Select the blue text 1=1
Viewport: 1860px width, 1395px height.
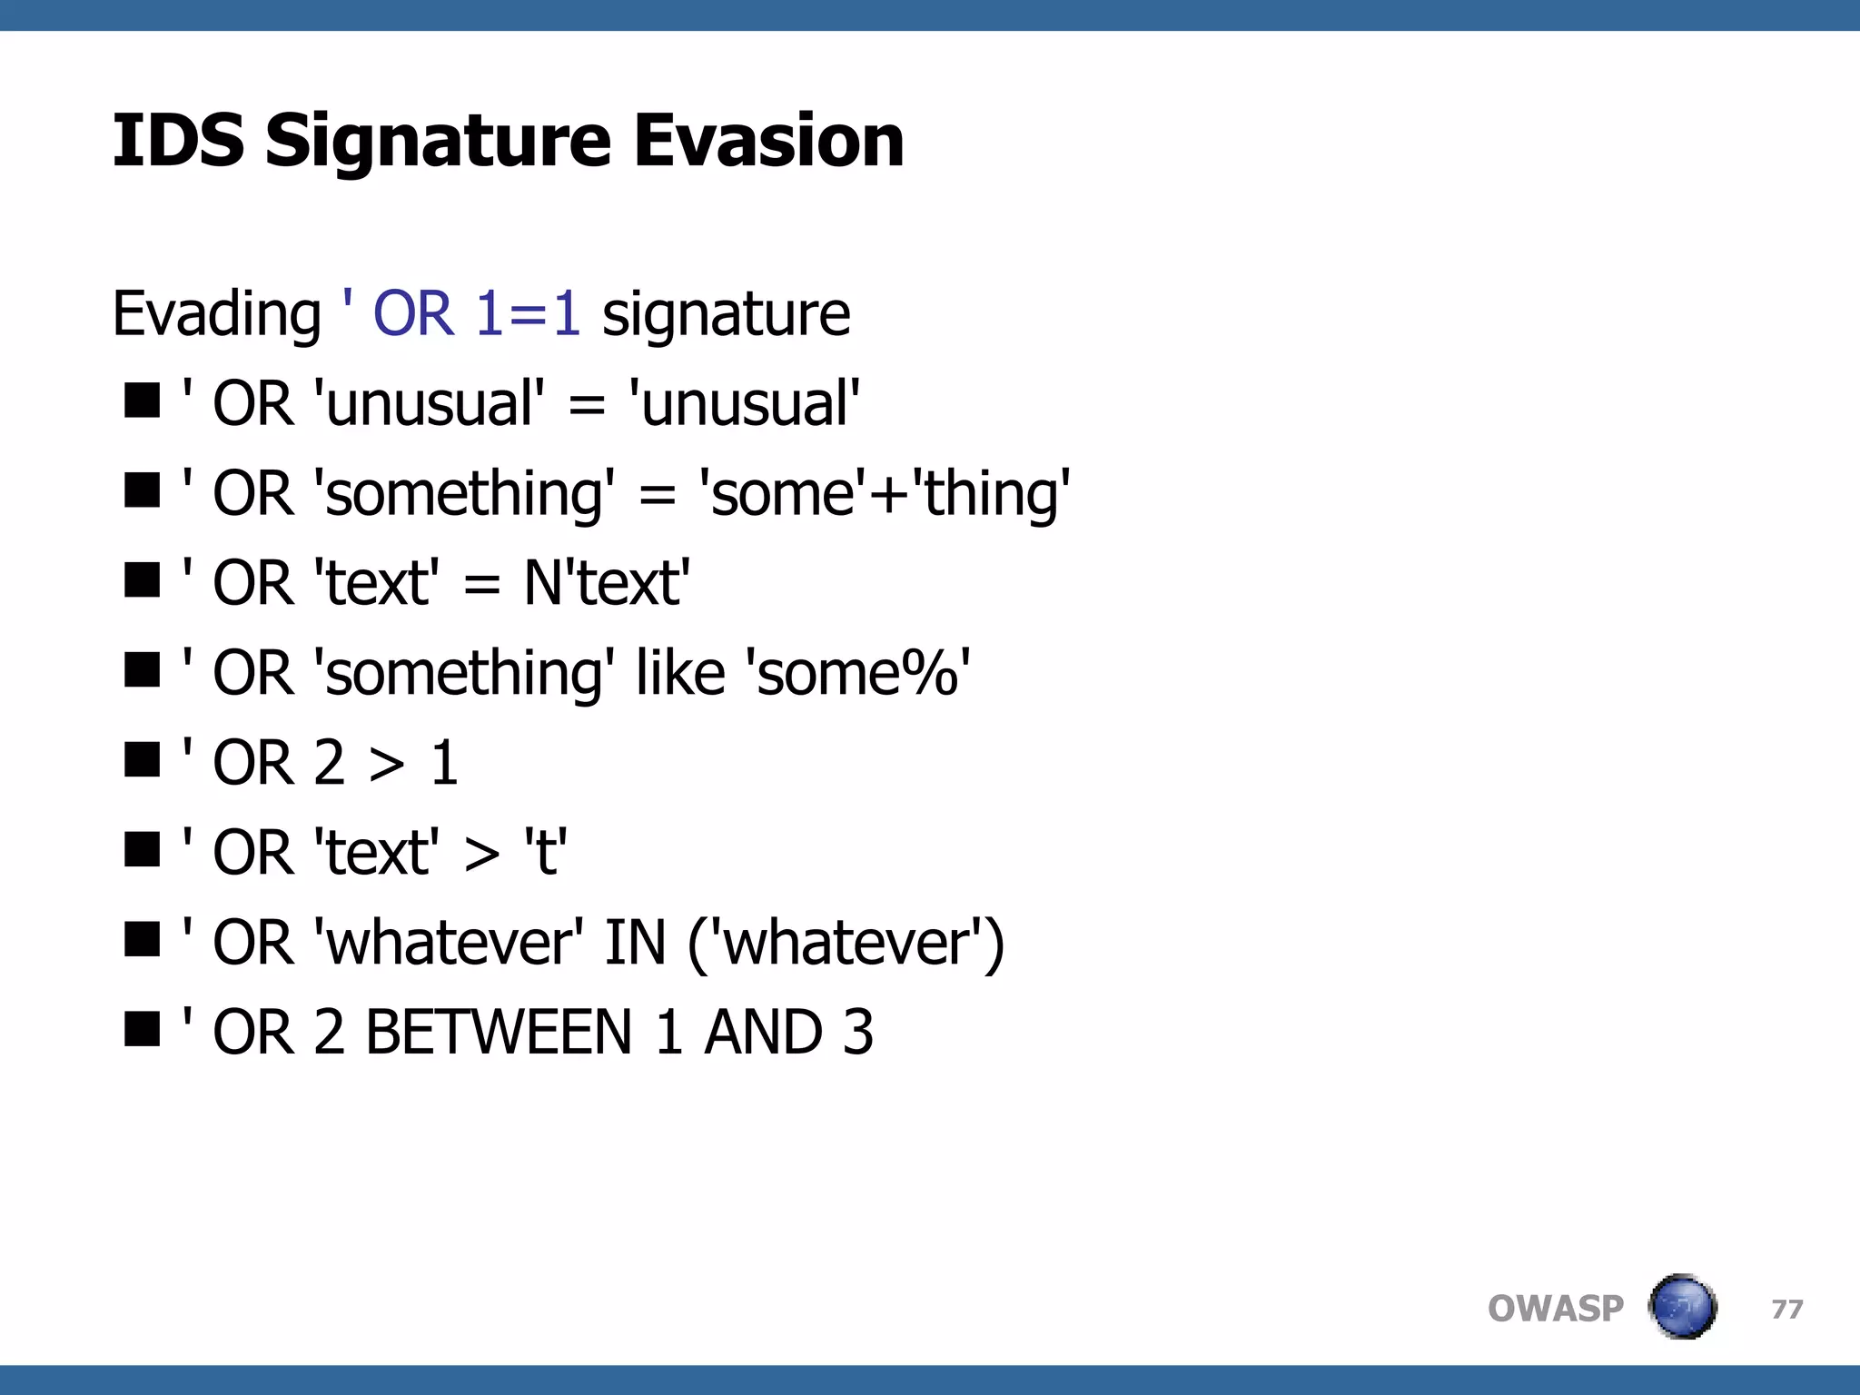click(x=528, y=313)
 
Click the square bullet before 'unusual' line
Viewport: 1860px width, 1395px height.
click(x=143, y=400)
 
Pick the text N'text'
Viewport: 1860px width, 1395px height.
click(x=607, y=582)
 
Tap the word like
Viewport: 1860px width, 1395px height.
click(x=680, y=673)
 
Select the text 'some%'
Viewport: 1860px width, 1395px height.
click(x=857, y=673)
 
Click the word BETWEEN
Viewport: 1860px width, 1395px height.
click(x=498, y=1033)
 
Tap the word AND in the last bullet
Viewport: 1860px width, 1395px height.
click(x=764, y=1033)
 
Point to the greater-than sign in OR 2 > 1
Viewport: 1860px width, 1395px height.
click(x=387, y=764)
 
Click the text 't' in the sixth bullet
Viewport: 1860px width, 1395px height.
click(x=546, y=852)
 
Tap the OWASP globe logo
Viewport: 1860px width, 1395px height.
click(x=1682, y=1307)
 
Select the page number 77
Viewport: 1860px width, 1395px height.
click(x=1786, y=1309)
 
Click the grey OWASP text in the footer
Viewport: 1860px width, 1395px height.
click(x=1555, y=1309)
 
